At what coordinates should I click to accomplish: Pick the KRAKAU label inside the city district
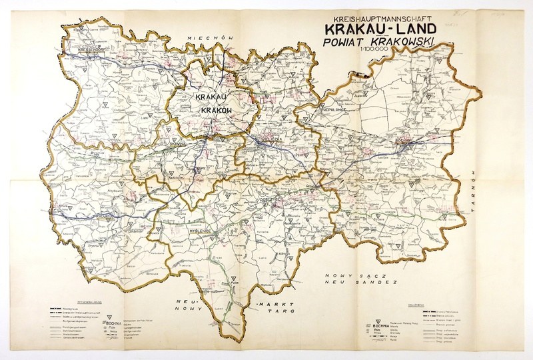point(209,97)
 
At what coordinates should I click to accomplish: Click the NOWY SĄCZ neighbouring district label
point(360,275)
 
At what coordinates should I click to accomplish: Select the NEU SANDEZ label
point(360,282)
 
